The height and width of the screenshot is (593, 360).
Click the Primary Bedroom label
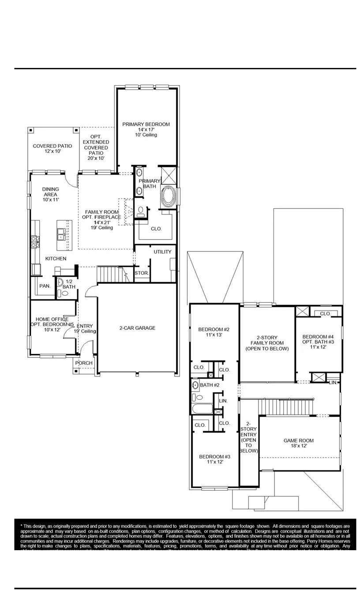coord(146,129)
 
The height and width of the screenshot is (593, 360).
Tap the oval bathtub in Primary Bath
coord(169,196)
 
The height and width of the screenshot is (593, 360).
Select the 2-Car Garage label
coord(137,328)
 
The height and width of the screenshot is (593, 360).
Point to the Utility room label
coord(162,251)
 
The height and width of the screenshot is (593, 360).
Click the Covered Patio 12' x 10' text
coord(52,148)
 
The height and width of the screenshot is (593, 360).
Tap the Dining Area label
coord(50,194)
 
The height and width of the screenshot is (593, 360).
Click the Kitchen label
coord(56,259)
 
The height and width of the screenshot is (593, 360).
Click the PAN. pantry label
coord(45,286)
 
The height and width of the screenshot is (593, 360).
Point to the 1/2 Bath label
coord(69,284)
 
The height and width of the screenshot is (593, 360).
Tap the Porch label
coord(84,363)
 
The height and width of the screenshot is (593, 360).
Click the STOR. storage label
coord(142,273)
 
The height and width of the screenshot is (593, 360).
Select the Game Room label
coord(299,443)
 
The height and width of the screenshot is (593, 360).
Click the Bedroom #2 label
coord(214,332)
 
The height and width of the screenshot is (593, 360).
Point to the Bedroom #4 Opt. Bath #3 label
coord(318,342)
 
